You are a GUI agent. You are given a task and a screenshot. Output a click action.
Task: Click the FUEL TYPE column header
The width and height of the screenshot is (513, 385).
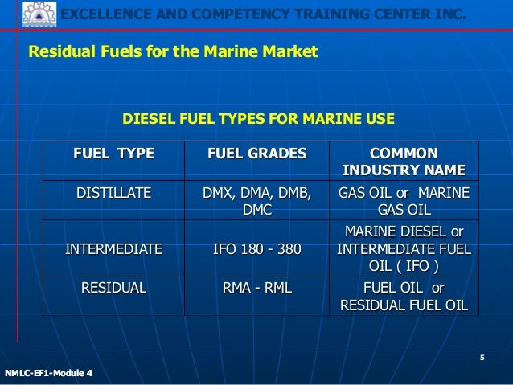click(113, 153)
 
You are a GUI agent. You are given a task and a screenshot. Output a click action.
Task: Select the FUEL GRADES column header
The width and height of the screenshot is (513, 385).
click(257, 153)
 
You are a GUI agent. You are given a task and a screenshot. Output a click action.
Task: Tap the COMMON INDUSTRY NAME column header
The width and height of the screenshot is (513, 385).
click(404, 162)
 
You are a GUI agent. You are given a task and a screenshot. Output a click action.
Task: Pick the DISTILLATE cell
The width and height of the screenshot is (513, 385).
click(113, 193)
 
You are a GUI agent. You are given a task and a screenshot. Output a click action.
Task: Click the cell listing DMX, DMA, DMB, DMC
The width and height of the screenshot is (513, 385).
click(257, 201)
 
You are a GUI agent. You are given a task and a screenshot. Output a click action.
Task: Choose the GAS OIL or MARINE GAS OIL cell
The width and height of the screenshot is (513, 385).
click(404, 201)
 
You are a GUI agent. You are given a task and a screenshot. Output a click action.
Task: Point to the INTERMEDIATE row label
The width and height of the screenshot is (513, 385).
click(113, 249)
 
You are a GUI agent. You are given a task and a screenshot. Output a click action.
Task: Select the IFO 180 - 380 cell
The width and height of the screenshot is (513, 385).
click(257, 249)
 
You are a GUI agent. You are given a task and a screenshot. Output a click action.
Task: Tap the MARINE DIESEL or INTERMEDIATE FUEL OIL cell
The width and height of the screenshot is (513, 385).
click(404, 249)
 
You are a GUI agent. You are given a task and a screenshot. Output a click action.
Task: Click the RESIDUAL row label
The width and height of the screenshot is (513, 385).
click(113, 288)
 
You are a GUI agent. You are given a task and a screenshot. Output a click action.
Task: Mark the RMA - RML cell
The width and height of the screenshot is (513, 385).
click(257, 288)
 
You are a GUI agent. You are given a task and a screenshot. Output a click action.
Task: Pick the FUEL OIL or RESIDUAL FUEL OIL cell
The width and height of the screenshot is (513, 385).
click(404, 296)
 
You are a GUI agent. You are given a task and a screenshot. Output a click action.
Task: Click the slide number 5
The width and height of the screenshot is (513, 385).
click(482, 358)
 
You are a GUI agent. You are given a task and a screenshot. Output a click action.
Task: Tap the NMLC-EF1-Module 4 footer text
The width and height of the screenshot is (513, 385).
click(48, 373)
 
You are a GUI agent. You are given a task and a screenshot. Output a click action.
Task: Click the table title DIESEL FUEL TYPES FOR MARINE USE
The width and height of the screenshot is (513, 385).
click(257, 120)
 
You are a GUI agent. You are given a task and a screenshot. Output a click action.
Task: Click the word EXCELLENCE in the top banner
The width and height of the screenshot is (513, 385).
click(101, 14)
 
